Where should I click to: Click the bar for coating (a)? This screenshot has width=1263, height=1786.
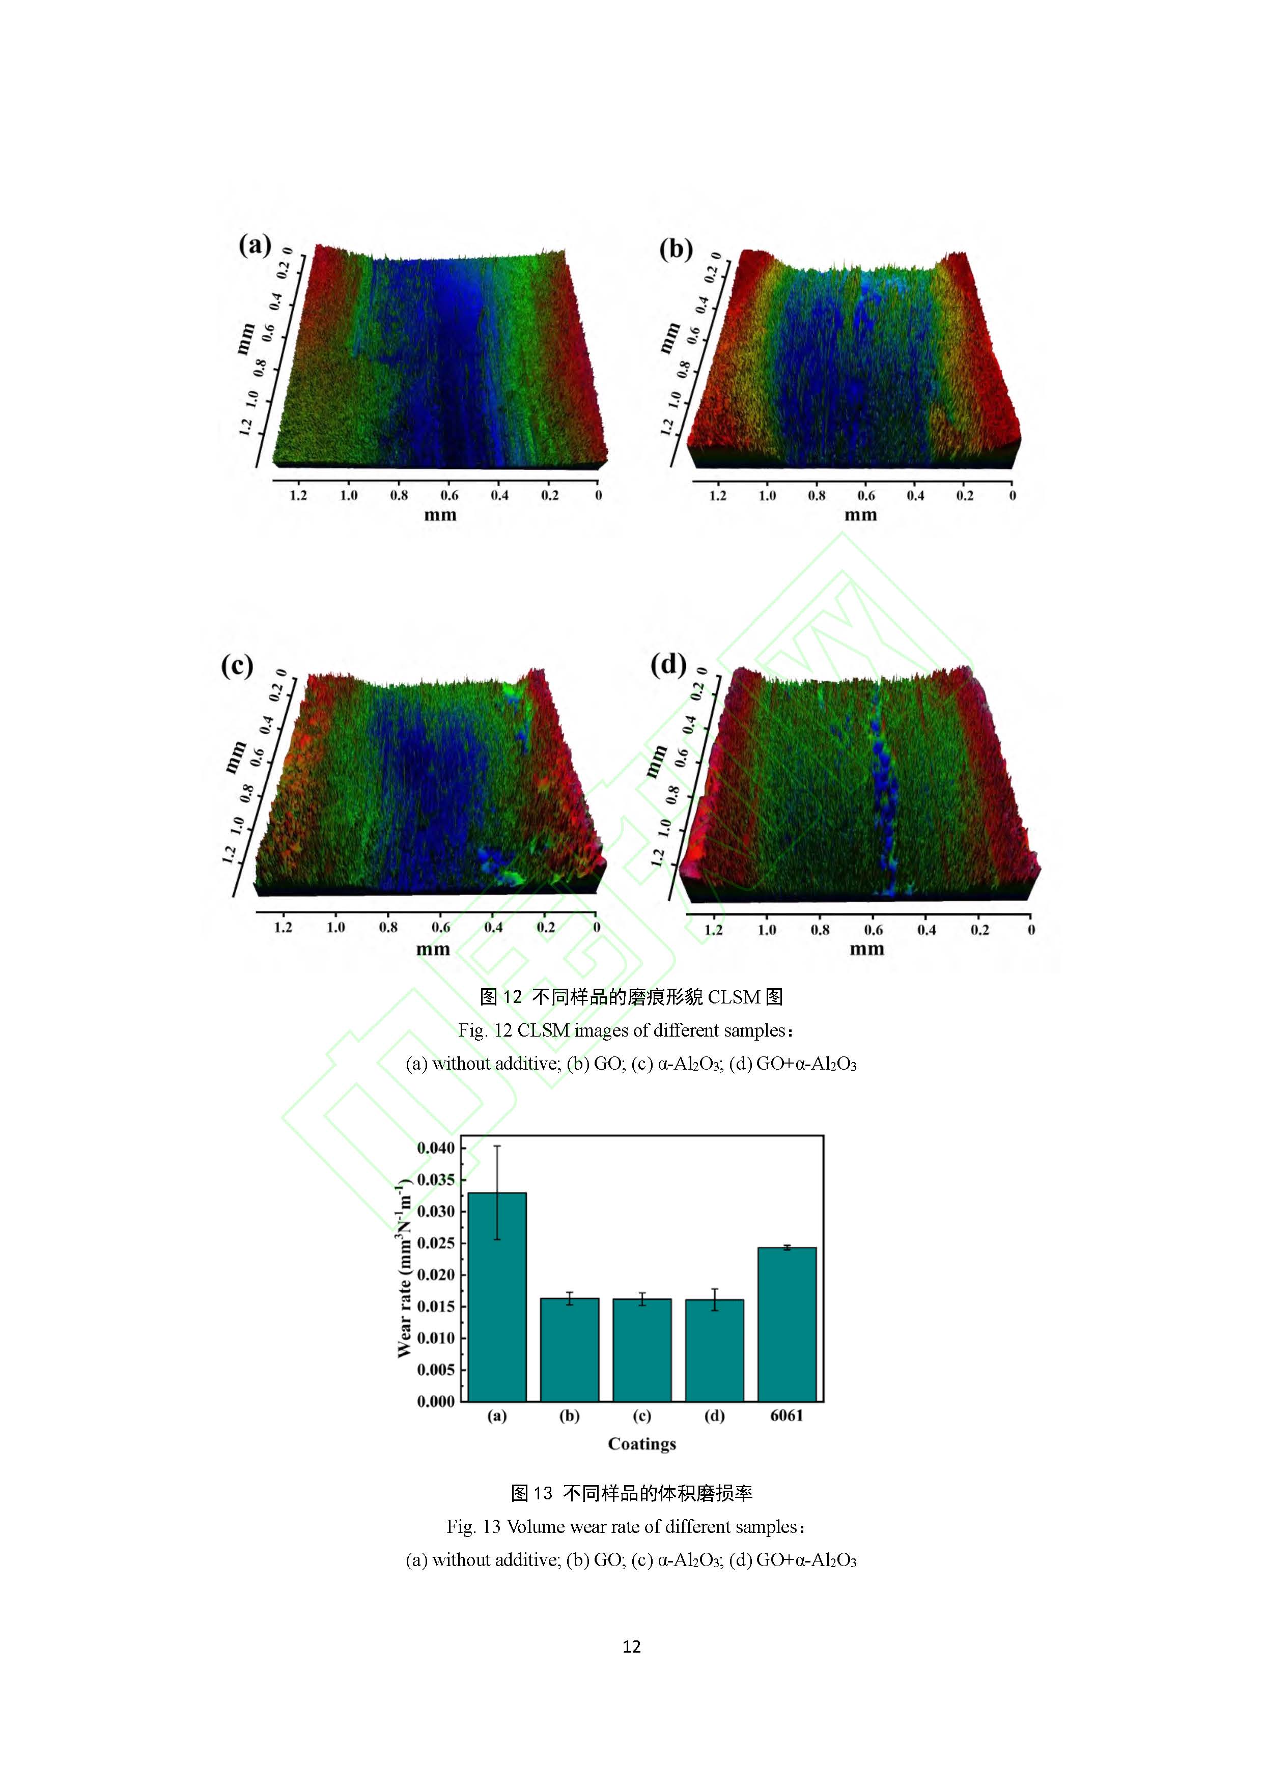click(497, 1297)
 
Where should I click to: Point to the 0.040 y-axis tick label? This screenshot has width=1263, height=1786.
click(436, 1148)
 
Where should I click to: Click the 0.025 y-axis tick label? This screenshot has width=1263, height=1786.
click(436, 1243)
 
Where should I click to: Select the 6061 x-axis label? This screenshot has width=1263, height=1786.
click(787, 1416)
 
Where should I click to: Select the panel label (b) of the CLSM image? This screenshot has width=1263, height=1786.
click(675, 249)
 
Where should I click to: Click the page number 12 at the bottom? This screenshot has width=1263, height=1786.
click(631, 1646)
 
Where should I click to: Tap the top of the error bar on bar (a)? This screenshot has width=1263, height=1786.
click(497, 1146)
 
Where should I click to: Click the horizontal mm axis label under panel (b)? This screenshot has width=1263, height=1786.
click(861, 514)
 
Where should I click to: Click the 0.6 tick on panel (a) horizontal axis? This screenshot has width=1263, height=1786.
click(450, 495)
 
